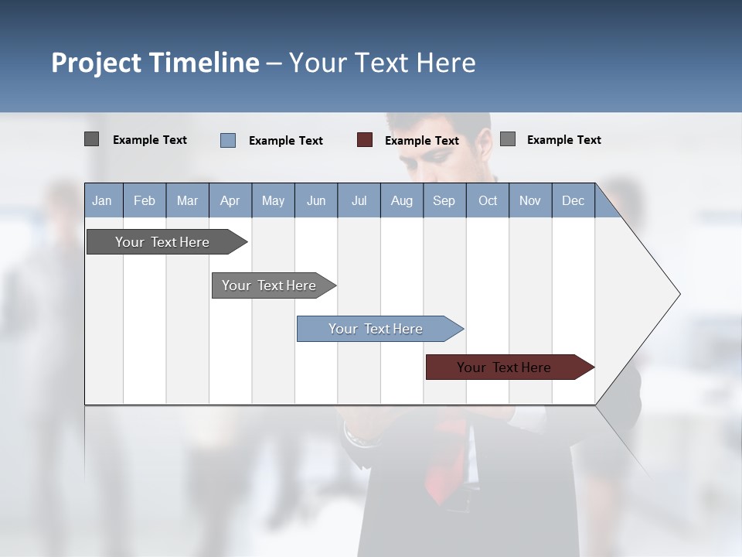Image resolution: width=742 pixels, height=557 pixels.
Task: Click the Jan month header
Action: pyautogui.click(x=103, y=200)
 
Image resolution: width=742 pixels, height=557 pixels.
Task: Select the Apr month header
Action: pyautogui.click(x=230, y=200)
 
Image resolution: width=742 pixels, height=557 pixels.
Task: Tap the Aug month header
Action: pyautogui.click(x=402, y=200)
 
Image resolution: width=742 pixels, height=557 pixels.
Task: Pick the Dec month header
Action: pyautogui.click(x=574, y=200)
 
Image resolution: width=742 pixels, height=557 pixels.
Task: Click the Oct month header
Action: pyautogui.click(x=488, y=200)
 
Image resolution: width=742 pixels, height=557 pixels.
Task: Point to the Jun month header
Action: pyautogui.click(x=316, y=200)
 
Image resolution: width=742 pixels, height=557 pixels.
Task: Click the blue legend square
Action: pyautogui.click(x=228, y=140)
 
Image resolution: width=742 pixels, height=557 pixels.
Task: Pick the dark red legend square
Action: pyautogui.click(x=365, y=140)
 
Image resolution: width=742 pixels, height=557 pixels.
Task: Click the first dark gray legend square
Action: pyautogui.click(x=92, y=139)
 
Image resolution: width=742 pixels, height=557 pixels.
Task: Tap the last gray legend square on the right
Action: pyautogui.click(x=508, y=139)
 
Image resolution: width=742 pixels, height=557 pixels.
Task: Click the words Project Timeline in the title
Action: pyautogui.click(x=155, y=63)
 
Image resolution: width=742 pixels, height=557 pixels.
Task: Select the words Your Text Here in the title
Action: pyautogui.click(x=383, y=63)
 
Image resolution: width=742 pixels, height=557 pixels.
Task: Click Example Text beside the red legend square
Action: pyautogui.click(x=422, y=141)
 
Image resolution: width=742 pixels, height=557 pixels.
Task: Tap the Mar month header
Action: pyautogui.click(x=187, y=200)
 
